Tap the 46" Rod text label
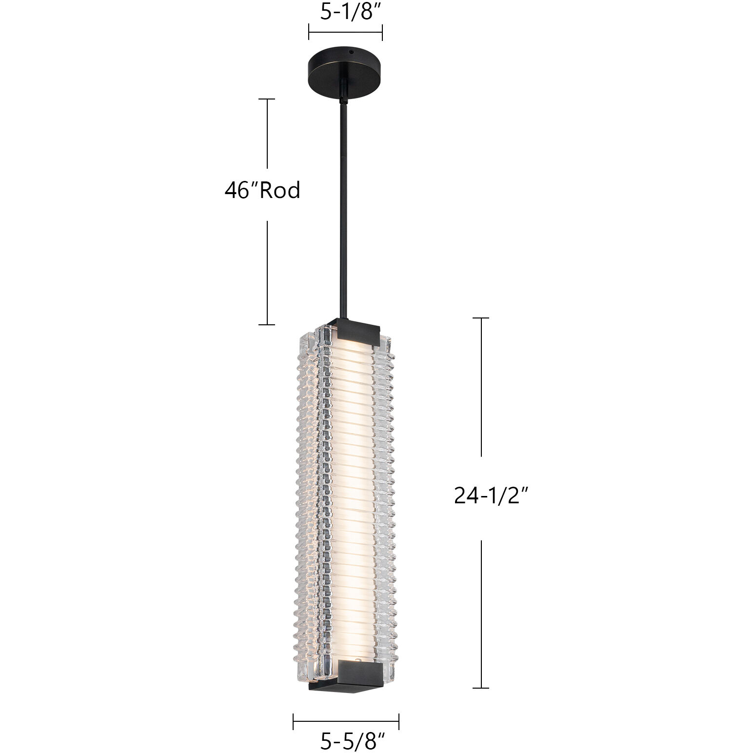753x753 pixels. pos(262,190)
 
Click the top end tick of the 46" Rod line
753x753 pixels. pos(267,99)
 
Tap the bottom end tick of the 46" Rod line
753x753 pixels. pos(267,324)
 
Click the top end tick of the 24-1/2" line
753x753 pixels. pos(481,318)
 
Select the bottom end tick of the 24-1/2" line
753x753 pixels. pos(481,688)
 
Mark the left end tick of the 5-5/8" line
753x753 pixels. pos(293,721)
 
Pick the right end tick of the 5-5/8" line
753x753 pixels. pos(399,721)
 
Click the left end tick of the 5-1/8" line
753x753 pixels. pos(309,33)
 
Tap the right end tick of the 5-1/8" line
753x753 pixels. pos(382,33)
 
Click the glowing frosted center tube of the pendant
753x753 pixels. pos(350,488)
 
